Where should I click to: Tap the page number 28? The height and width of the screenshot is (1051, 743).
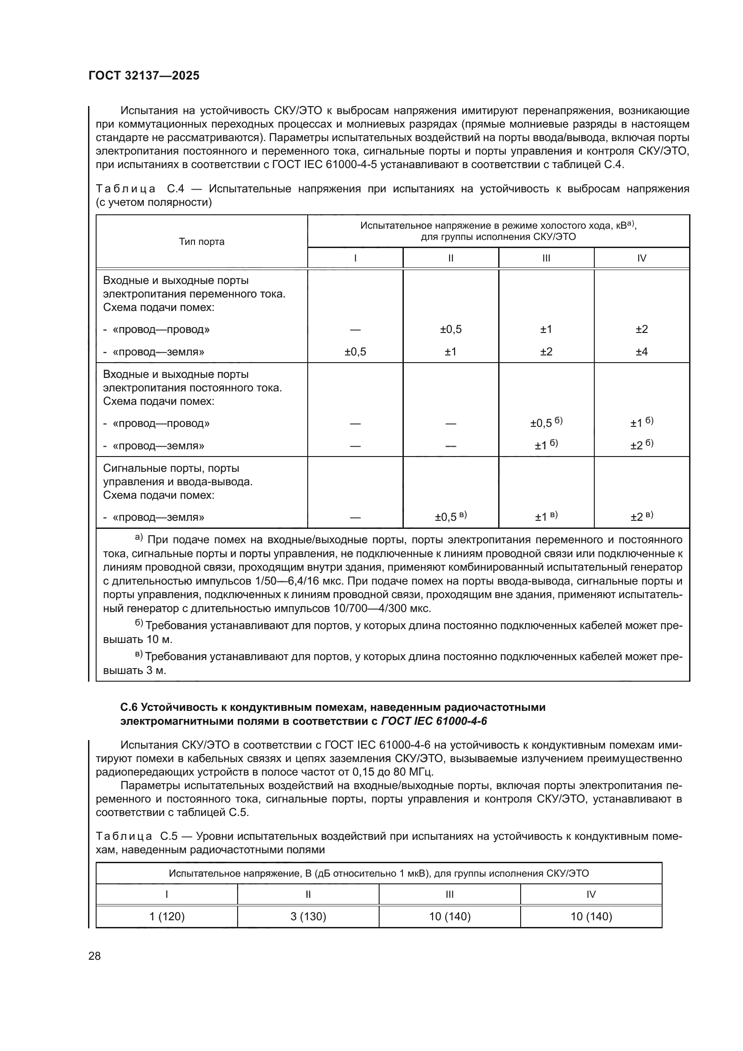click(94, 956)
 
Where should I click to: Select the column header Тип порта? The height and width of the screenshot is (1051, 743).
click(201, 242)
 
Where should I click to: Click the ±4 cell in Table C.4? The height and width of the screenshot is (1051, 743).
click(641, 351)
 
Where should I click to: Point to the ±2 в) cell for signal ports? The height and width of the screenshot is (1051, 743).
click(641, 517)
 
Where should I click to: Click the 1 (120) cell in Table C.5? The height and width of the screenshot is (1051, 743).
click(167, 916)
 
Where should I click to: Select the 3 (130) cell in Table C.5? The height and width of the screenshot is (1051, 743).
click(308, 916)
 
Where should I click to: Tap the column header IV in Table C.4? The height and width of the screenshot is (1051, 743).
click(641, 258)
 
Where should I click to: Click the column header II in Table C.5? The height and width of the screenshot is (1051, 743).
click(308, 894)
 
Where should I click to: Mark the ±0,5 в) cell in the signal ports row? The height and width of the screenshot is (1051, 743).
click(450, 517)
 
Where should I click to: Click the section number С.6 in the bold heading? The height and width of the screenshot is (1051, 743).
click(128, 707)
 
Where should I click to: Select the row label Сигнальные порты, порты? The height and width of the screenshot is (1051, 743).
click(171, 468)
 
